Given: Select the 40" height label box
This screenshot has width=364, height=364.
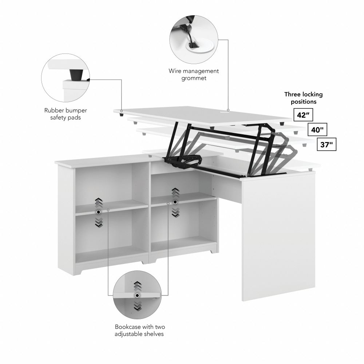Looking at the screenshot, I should coord(317,129).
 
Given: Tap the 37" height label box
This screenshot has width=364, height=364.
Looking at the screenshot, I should coord(327,145).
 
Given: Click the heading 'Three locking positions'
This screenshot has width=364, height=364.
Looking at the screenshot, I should coord(303,98).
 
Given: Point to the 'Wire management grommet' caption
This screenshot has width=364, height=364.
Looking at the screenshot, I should coord(194,74).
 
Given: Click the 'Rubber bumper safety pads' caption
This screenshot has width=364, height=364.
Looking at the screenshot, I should coord(66,114).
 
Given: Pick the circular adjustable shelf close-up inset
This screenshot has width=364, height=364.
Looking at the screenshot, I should coord(137,295).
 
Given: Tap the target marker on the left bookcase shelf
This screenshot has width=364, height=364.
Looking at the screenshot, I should coord(98,212).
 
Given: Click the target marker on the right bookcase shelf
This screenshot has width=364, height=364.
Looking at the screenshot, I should coord(175,202).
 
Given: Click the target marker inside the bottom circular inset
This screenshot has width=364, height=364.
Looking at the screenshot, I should coord(137,295).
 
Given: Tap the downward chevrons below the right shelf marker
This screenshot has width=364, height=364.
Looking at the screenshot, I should coord(175,212).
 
